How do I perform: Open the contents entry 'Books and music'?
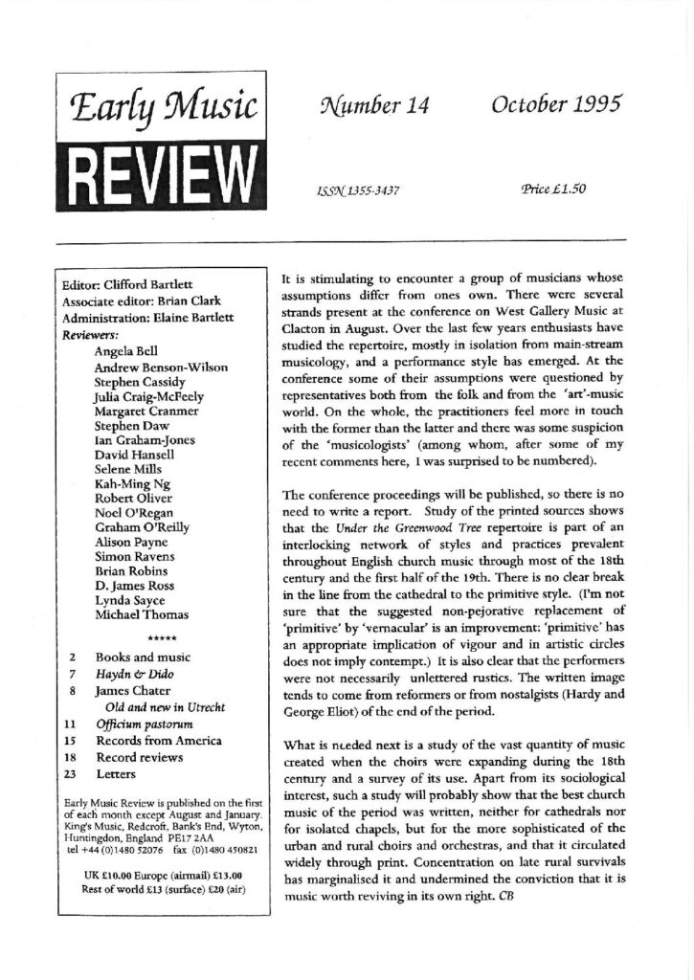(x=145, y=657)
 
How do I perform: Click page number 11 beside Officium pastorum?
(x=71, y=724)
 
